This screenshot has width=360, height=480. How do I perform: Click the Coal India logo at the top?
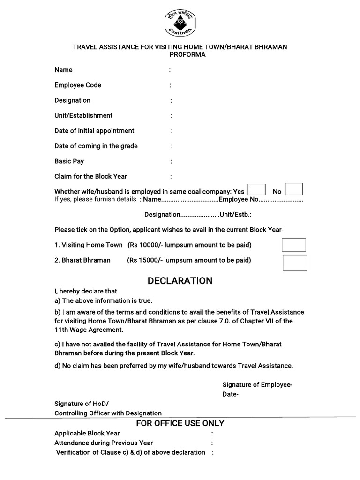[180, 22]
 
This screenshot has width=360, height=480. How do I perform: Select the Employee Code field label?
[78, 85]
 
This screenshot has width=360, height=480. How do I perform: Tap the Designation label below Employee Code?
[72, 100]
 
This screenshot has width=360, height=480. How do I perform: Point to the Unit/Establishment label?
[83, 116]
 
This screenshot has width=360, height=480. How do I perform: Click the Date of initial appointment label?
[94, 131]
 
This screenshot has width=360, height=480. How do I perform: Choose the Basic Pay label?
[69, 161]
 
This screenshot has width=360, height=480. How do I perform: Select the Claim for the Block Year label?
[90, 177]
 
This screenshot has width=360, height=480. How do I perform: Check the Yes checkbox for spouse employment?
[256, 189]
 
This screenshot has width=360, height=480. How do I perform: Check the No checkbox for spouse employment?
[294, 189]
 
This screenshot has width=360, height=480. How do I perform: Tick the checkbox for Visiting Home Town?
[293, 245]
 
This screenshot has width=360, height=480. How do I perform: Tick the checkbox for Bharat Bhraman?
[295, 263]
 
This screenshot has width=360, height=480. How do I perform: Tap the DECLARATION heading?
[180, 281]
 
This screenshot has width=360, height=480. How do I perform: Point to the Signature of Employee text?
[257, 385]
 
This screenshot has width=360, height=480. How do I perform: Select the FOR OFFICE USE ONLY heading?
[180, 423]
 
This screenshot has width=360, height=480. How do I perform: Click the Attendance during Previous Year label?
[104, 442]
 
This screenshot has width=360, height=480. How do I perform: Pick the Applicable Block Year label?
[87, 433]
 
